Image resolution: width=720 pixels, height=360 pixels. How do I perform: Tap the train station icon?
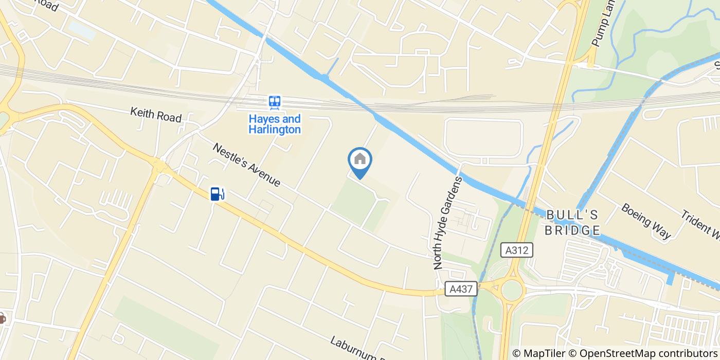[x=275, y=102]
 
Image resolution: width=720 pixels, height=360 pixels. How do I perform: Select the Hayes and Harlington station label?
[x=275, y=124]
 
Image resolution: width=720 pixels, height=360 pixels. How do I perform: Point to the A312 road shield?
[x=517, y=250]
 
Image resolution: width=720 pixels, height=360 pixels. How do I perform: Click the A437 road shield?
[x=461, y=289]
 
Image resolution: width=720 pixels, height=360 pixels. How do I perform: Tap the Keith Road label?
[x=155, y=115]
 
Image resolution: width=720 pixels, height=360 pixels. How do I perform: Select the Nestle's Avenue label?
[x=247, y=165]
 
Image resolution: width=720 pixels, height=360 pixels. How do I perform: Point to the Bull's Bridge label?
[x=572, y=222]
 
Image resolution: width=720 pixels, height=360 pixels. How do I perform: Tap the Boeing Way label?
[x=645, y=221]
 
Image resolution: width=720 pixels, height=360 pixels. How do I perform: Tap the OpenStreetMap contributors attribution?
[x=643, y=353]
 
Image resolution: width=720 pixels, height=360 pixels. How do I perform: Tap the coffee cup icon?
[x=2, y=318]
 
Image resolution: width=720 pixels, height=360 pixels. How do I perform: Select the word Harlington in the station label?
[x=275, y=129]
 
